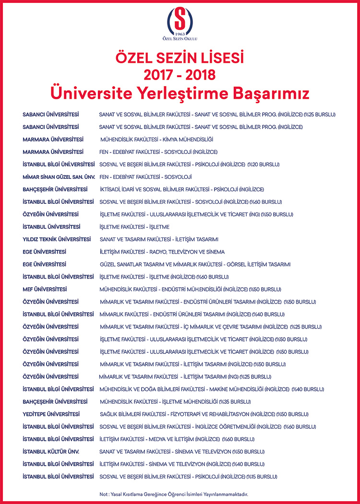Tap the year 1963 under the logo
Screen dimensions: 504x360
180,34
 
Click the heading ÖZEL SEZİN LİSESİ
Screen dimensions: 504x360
180,59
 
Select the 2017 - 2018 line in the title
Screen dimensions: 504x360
180,75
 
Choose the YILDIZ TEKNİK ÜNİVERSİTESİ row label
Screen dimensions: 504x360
57,239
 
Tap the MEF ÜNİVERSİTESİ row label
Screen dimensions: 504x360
45,289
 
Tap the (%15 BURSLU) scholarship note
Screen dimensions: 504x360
262,477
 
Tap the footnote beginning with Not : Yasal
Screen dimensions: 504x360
180,493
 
